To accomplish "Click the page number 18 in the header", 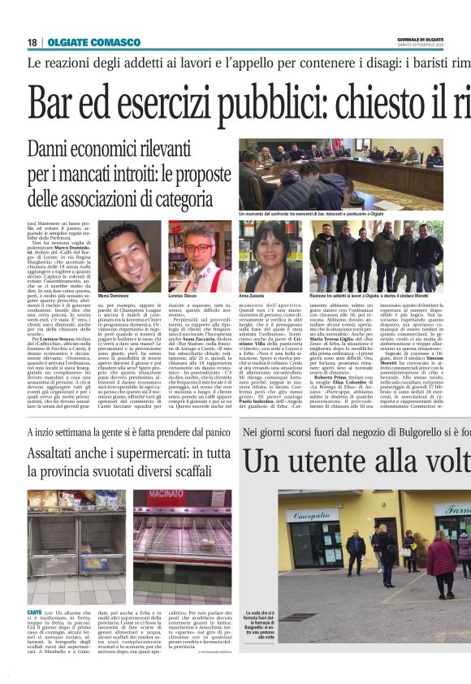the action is point(32,41).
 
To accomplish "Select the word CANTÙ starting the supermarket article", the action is point(35,610).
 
